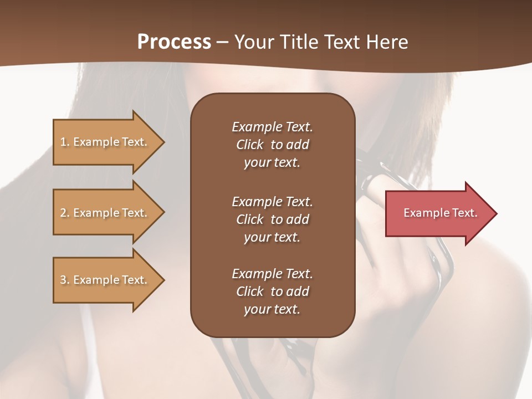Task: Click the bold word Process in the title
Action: pos(174,42)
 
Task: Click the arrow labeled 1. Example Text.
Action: pos(105,142)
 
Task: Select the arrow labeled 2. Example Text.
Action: pos(105,213)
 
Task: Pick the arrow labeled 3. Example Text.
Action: pos(105,280)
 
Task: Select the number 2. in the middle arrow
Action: pos(64,213)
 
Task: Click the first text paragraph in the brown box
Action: pos(272,145)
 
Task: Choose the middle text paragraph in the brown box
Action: pos(272,219)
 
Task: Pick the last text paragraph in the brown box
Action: pos(272,291)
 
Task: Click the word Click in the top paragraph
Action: pos(250,145)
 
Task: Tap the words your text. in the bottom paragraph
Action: pos(272,309)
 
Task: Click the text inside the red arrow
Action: pos(441,213)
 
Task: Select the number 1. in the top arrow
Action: pos(64,142)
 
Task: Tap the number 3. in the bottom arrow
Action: pos(64,280)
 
